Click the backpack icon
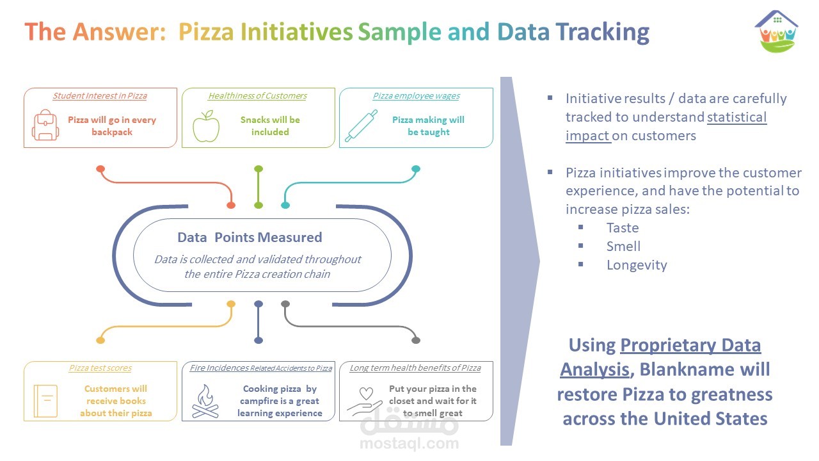coord(45,125)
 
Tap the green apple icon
coord(206,126)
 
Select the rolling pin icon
coord(361,125)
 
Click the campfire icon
coord(205,401)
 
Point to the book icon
coord(45,401)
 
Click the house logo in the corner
coord(776,31)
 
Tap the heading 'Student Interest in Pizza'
coord(100,96)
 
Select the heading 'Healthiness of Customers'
coord(257,96)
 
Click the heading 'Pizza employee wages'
coord(416,96)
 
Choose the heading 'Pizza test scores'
coord(100,368)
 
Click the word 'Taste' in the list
coord(623,228)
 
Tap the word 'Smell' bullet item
coord(623,247)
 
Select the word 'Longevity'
coord(637,265)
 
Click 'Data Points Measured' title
coord(250,238)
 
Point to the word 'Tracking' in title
coord(603,32)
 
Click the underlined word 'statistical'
coord(736,117)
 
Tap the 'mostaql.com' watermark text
coord(409,443)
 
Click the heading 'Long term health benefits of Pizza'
coord(415,368)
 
